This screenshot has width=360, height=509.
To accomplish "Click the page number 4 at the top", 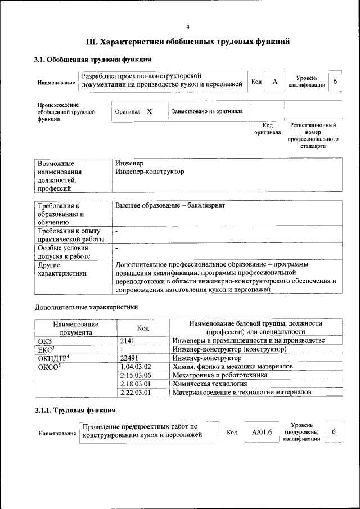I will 188,26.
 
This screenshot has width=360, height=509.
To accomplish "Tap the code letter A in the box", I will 274,82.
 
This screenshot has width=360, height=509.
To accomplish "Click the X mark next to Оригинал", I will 150,111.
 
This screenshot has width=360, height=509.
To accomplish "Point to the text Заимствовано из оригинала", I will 208,111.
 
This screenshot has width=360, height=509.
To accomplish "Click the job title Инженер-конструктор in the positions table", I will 149,172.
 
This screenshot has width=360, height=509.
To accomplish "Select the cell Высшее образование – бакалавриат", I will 170,206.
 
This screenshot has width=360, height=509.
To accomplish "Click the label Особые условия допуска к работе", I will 64,252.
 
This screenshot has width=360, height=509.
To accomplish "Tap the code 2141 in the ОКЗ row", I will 128,341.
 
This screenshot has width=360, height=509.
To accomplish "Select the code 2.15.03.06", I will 136,375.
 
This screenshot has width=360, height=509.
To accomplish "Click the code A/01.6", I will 262,432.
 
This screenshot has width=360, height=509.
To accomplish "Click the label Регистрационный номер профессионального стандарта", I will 313,135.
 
